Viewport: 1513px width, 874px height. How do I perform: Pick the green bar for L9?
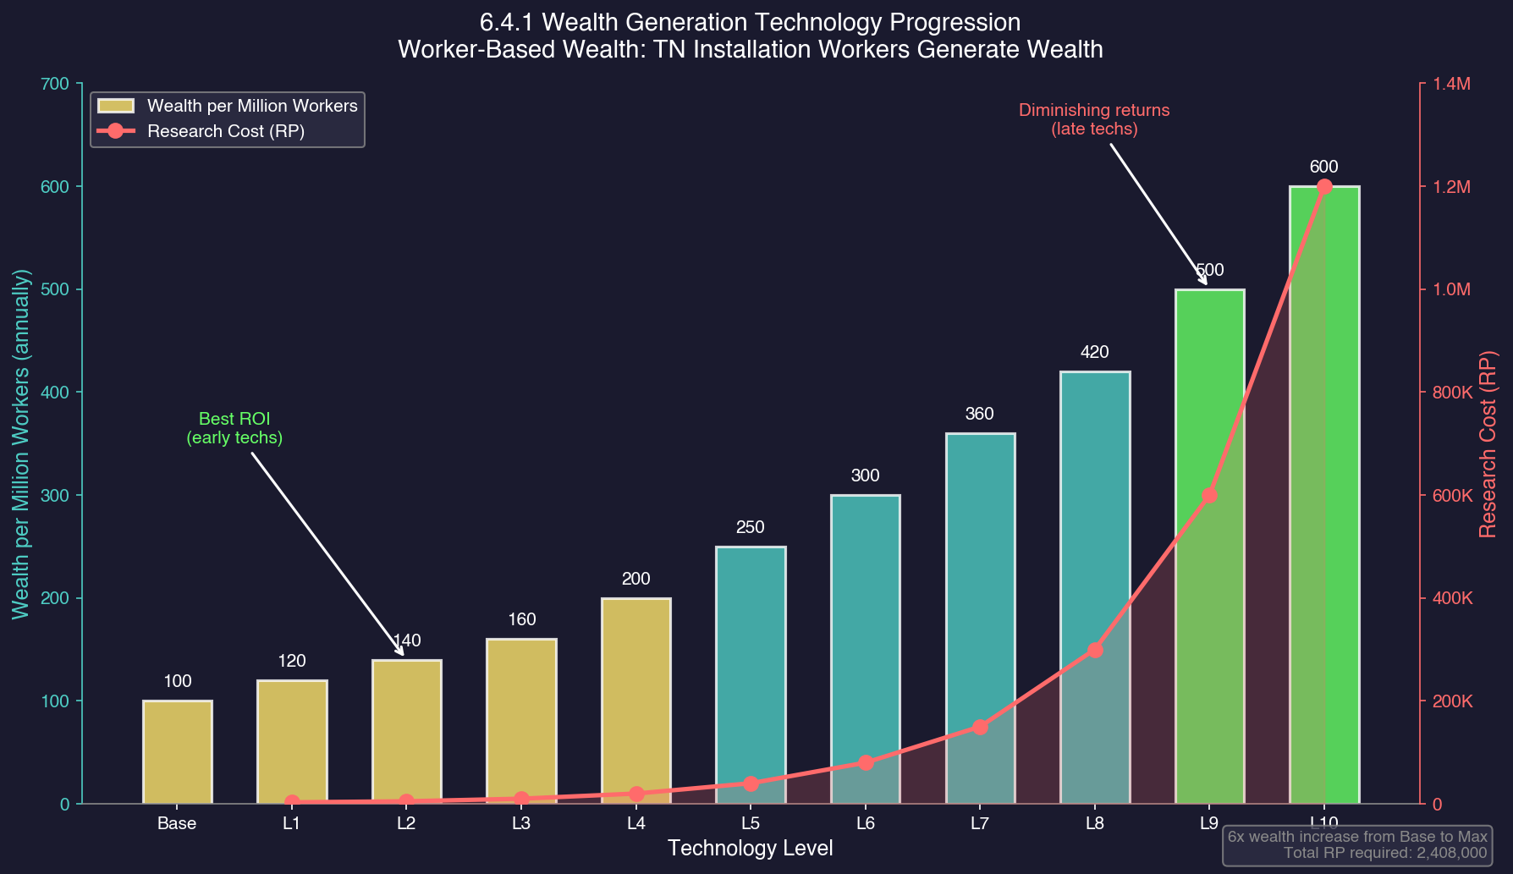coord(1209,381)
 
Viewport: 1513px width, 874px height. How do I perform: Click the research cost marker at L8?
coord(1095,650)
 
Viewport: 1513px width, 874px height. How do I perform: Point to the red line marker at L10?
coord(1324,186)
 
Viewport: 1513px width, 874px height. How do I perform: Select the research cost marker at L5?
coord(751,783)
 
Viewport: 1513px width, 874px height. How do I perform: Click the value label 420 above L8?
coord(1095,352)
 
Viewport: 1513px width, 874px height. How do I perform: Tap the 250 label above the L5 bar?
coord(751,527)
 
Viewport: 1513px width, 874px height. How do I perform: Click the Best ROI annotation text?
coord(234,428)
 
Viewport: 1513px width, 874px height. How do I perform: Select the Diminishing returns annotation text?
coord(1094,119)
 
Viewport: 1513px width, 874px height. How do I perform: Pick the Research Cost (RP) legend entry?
coord(225,131)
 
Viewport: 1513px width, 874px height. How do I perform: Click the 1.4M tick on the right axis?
coord(1451,84)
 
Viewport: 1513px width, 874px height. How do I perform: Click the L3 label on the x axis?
coord(521,823)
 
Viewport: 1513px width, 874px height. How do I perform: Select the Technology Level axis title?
coord(751,848)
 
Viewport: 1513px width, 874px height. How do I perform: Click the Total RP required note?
coord(1385,853)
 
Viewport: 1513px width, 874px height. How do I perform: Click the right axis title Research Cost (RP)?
coord(1488,444)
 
